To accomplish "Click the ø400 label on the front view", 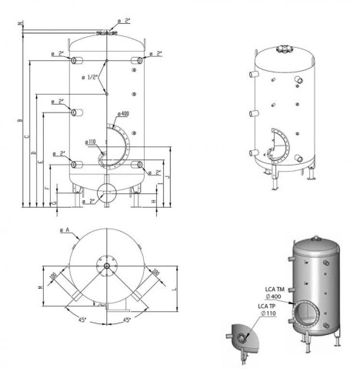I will pos(123,114).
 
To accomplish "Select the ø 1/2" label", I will pos(91,77).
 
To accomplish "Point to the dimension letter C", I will pos(27,136).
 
